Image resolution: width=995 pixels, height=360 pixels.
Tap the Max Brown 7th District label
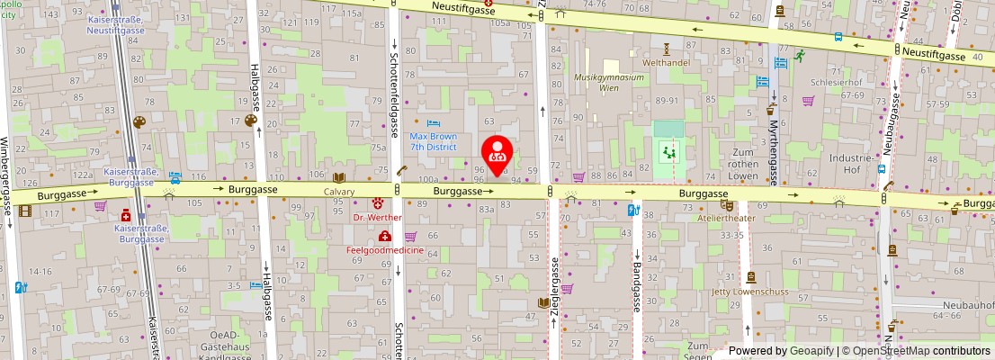(x=433, y=141)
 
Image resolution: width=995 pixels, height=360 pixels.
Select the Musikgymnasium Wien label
(x=610, y=83)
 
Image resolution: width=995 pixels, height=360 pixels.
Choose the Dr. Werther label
(x=376, y=217)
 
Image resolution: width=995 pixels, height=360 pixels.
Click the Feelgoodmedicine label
(x=386, y=249)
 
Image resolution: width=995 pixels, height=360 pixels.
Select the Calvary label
(x=339, y=192)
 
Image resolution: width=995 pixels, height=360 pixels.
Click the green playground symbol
(x=668, y=150)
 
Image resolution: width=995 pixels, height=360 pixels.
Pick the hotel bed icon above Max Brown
(x=434, y=123)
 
